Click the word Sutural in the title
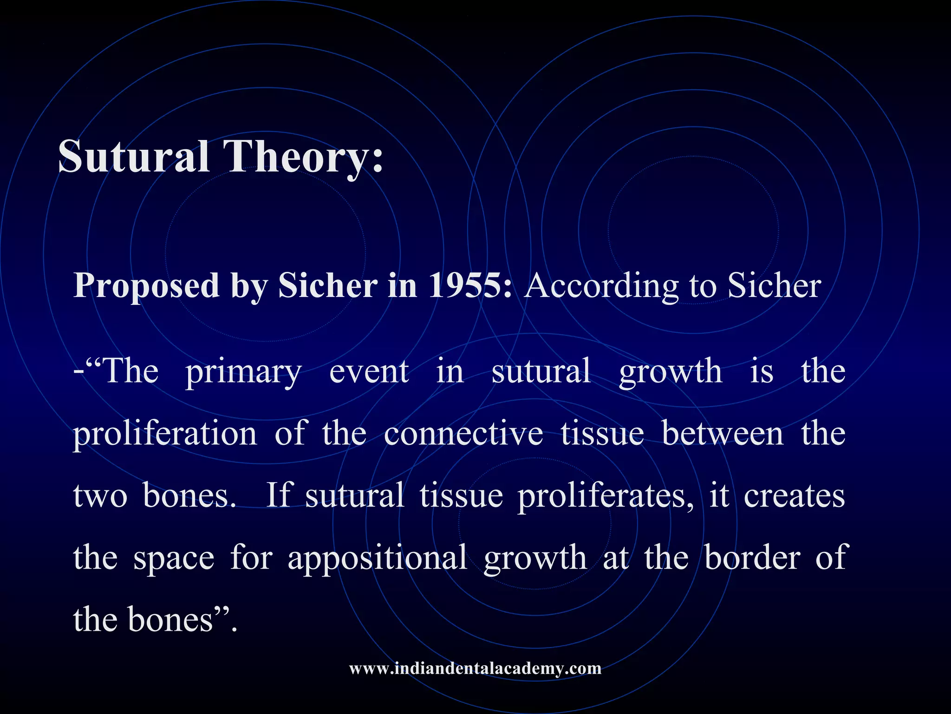(133, 157)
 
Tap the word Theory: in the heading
(303, 157)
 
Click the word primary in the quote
(244, 372)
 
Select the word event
(369, 372)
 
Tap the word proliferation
(165, 434)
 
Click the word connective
(463, 434)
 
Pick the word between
(723, 434)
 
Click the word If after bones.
(278, 496)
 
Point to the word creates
(794, 496)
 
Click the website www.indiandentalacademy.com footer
(475, 668)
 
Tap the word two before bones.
(100, 496)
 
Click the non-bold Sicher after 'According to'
(774, 285)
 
